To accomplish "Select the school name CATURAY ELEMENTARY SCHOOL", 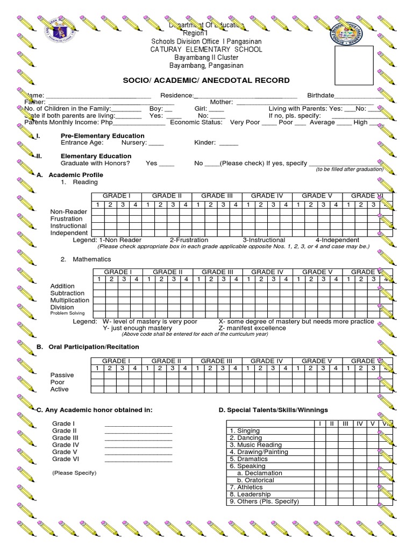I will point(206,50).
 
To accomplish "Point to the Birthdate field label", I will point(321,95).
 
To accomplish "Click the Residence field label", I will point(173,95).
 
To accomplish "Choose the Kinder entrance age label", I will point(205,143).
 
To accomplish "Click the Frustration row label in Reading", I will point(67,219).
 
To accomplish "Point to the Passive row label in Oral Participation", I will point(62,375).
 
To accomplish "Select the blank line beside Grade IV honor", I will point(139,446).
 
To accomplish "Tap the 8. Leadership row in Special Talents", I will point(251,495).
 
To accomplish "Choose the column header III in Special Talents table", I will point(345,424).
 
